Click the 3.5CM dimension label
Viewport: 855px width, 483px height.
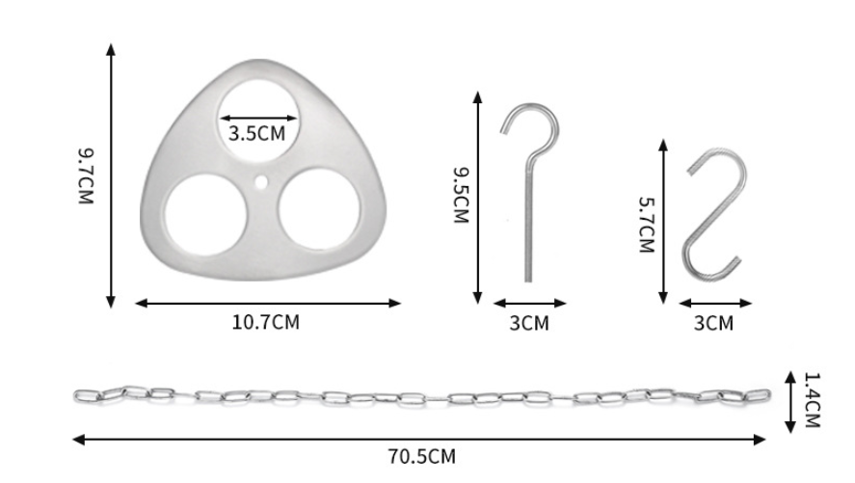(x=256, y=133)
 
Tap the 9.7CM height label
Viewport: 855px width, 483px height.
(x=86, y=176)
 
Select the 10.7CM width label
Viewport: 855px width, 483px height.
(x=266, y=322)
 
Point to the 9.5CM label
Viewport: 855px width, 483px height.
(x=462, y=195)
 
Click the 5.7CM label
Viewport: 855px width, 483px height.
(x=647, y=224)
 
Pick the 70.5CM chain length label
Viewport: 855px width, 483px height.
(x=422, y=456)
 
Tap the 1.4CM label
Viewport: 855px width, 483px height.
(x=813, y=400)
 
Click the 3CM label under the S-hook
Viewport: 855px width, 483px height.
(x=713, y=323)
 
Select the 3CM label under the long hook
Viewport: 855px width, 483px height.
(x=529, y=323)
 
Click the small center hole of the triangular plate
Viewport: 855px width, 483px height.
(x=261, y=181)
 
